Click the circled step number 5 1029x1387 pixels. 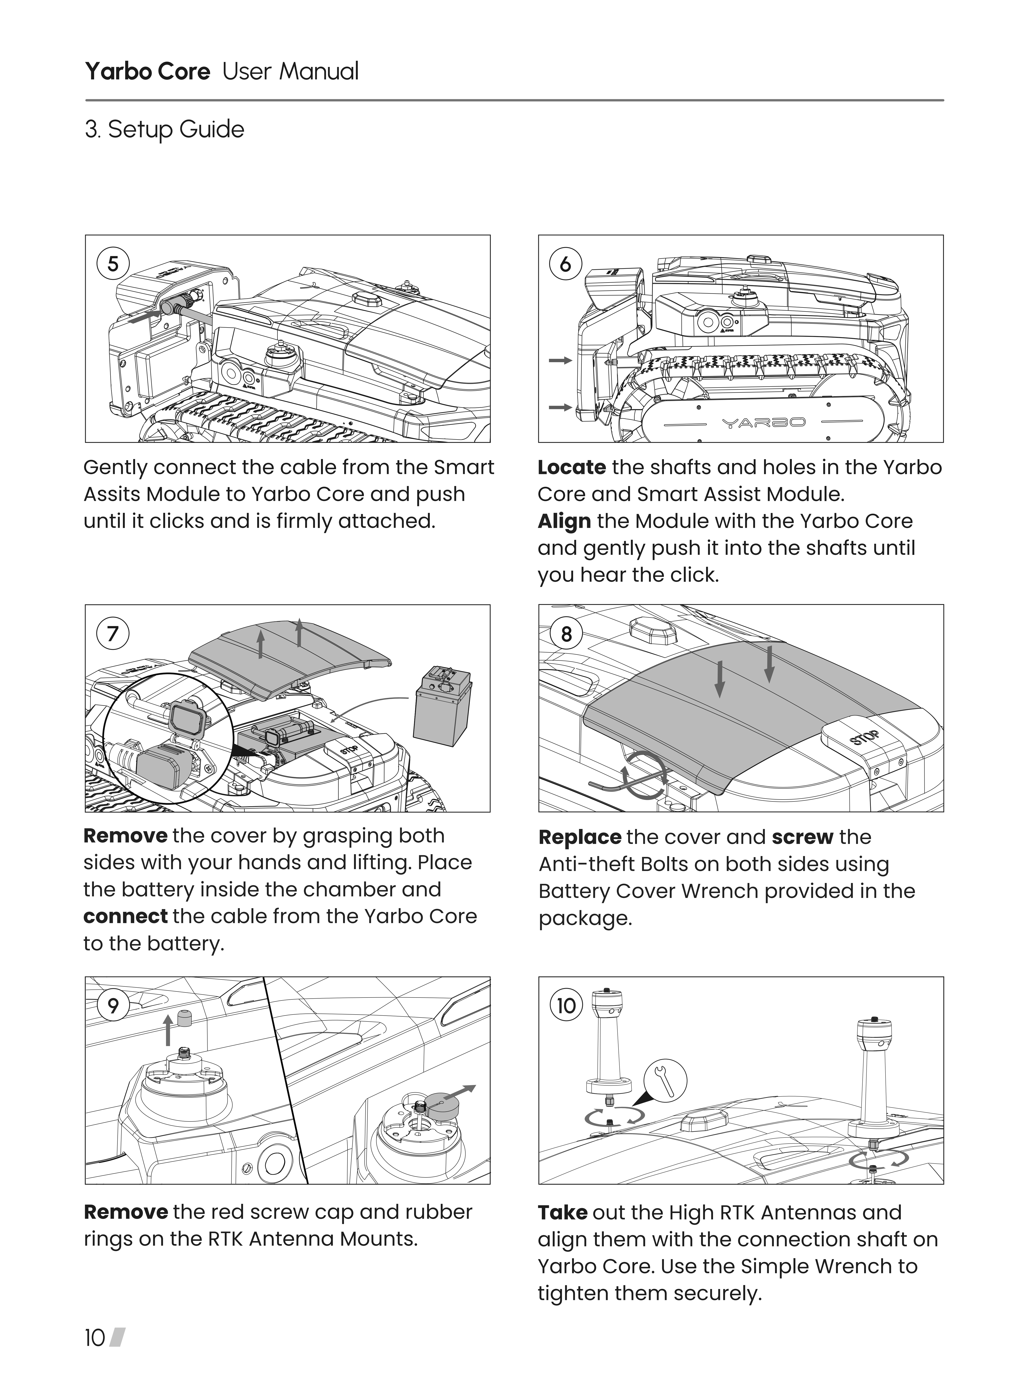click(x=113, y=264)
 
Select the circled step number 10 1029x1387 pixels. click(x=566, y=1006)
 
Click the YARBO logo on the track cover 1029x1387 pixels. click(x=764, y=423)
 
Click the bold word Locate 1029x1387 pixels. click(x=571, y=467)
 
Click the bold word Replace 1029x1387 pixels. click(x=579, y=837)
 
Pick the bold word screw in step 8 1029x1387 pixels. click(x=802, y=837)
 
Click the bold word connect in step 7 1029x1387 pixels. click(x=125, y=916)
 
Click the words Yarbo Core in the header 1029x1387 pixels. click(x=148, y=72)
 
